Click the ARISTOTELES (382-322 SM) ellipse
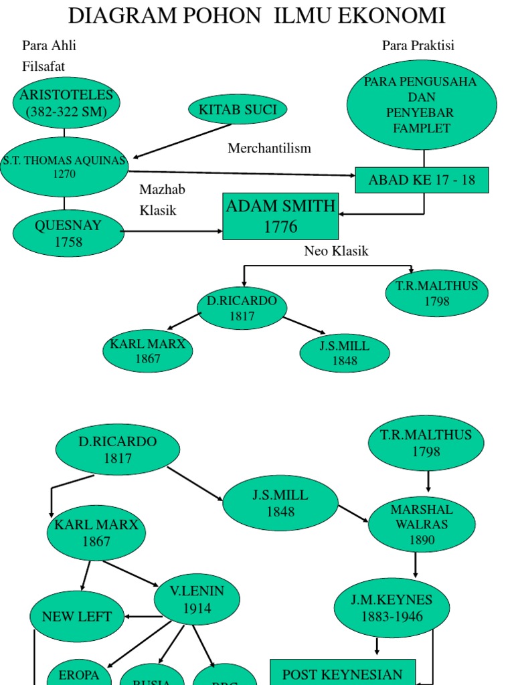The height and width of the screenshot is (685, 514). [66, 103]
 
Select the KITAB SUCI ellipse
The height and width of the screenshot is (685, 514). [238, 110]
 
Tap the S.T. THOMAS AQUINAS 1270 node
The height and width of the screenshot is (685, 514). [64, 167]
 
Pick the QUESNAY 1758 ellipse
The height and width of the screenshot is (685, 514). [68, 233]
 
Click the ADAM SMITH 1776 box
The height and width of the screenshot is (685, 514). [280, 216]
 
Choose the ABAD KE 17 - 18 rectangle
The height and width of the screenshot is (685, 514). [422, 180]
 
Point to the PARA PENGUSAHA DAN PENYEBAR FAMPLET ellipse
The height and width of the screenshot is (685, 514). [422, 105]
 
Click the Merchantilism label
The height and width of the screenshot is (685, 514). [269, 148]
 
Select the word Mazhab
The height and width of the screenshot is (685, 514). [162, 189]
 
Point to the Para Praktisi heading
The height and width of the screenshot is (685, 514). [418, 45]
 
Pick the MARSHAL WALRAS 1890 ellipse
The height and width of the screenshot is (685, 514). [422, 524]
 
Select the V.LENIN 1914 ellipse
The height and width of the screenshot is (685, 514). [197, 599]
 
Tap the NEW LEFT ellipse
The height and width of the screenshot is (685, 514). [77, 616]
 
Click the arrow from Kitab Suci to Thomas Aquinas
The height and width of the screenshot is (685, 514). [183, 140]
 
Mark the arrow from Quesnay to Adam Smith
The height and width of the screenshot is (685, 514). [173, 231]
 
